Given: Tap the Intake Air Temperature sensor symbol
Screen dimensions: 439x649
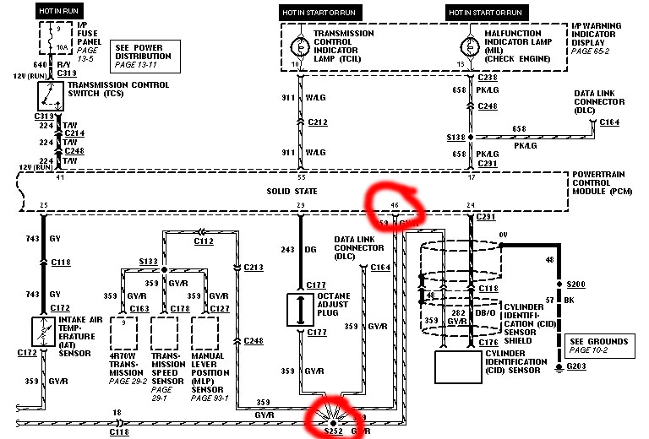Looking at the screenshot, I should click(43, 329).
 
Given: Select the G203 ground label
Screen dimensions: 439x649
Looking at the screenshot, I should click(576, 367).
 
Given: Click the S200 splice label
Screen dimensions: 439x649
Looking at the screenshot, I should click(576, 285).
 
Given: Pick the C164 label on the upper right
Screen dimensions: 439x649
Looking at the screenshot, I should click(610, 123).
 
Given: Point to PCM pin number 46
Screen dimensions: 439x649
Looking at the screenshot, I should click(394, 206).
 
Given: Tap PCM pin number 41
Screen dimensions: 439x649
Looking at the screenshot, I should click(35, 178).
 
